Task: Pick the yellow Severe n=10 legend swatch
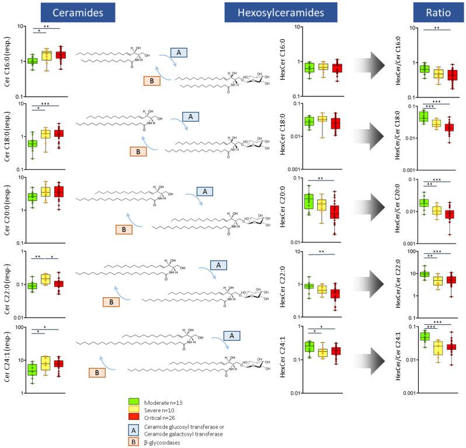(x=134, y=409)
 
